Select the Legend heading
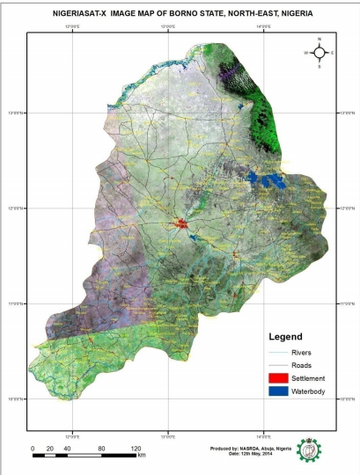point(285,337)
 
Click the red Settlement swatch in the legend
point(277,378)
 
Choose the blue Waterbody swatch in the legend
point(277,391)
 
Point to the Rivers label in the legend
point(303,353)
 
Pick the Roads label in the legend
point(303,365)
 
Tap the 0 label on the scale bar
point(33,449)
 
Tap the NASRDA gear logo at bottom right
point(309,451)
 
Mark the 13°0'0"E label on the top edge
point(165,29)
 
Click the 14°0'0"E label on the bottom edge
point(263,435)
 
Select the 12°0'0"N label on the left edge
point(17,208)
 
